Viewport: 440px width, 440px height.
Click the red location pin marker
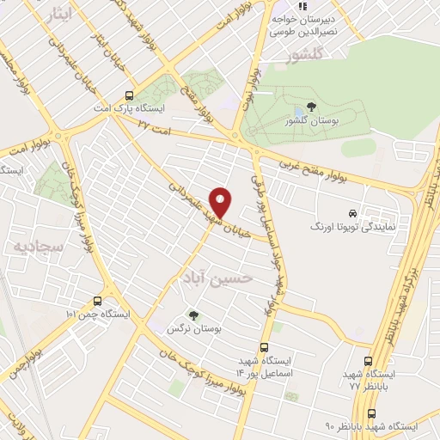coord(223,201)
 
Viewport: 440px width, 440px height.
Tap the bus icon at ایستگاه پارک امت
coord(129,96)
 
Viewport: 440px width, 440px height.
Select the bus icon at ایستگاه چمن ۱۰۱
coord(96,302)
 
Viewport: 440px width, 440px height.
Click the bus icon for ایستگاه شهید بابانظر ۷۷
coord(369,362)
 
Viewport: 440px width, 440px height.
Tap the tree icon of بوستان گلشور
coord(310,107)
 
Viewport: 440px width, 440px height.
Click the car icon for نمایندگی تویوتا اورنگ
coord(352,212)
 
